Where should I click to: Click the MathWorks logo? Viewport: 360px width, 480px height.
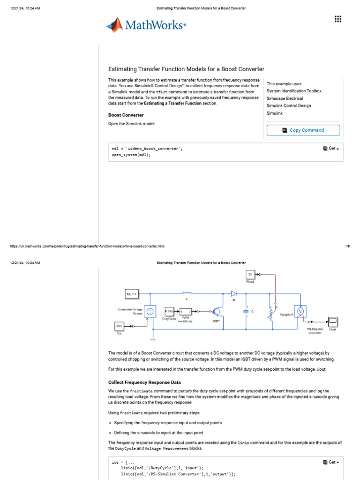click(x=146, y=25)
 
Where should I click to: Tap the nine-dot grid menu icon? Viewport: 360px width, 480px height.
click(x=337, y=19)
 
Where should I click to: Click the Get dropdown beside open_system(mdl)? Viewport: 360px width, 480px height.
click(x=331, y=149)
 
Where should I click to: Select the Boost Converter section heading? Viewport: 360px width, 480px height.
click(x=126, y=115)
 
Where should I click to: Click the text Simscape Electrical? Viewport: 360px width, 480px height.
click(x=285, y=98)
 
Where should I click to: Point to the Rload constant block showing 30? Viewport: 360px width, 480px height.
click(x=250, y=274)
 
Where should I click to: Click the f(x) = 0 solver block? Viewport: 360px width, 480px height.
click(x=131, y=294)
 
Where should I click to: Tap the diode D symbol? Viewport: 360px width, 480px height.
click(x=233, y=293)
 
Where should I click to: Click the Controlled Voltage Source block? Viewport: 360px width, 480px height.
click(x=150, y=311)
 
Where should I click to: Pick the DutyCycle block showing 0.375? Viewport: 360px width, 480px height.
click(x=169, y=311)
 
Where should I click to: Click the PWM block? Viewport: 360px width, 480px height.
click(x=185, y=311)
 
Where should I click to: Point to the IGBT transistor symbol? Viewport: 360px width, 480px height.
click(x=216, y=312)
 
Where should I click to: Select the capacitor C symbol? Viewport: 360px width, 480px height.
click(x=246, y=311)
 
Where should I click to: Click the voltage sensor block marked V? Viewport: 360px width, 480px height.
click(x=301, y=311)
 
